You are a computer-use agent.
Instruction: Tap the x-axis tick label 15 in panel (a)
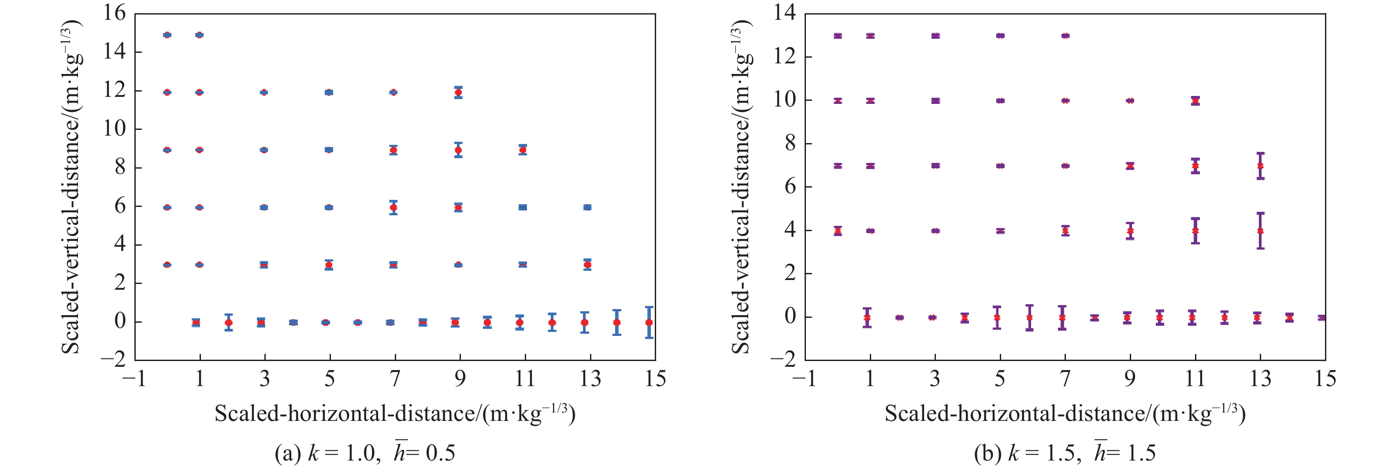[655, 379]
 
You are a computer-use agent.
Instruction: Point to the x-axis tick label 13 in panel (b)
[1260, 379]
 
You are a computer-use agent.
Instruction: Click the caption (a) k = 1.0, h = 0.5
[365, 453]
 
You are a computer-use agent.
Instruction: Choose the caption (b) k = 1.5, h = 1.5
[1065, 453]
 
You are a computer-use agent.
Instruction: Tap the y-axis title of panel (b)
[742, 186]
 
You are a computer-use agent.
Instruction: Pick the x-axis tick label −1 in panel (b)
[804, 379]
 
